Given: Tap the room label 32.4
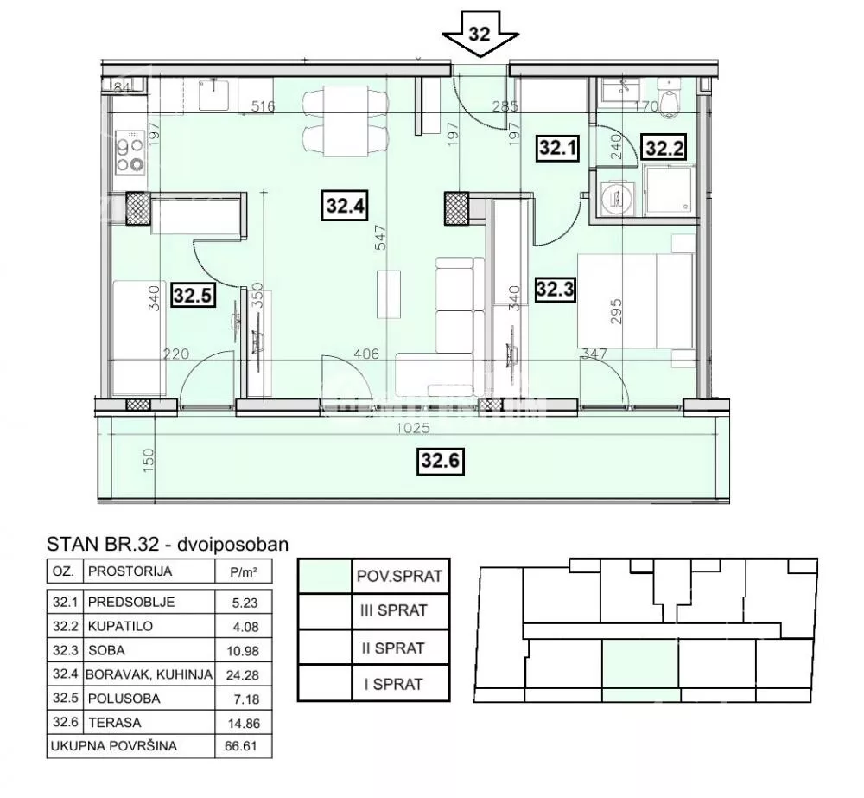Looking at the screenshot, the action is click(x=345, y=207).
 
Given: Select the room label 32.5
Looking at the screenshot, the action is click(x=193, y=296).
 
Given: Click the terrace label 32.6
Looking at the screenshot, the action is click(x=439, y=460).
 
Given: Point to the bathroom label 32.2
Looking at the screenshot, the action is click(x=664, y=148).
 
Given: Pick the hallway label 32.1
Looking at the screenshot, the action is click(x=557, y=147).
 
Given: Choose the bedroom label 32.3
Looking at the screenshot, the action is click(x=556, y=289).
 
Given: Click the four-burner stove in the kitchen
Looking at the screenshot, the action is click(x=130, y=151).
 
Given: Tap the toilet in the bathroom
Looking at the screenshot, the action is click(x=670, y=99).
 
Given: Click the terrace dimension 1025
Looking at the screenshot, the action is click(x=413, y=427).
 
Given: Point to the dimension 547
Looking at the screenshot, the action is click(x=381, y=239).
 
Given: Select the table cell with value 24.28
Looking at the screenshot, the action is click(x=243, y=675).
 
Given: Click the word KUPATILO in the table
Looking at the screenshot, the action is click(x=120, y=627).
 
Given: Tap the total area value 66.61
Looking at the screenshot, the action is click(x=241, y=746).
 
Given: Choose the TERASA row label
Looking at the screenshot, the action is click(x=115, y=723).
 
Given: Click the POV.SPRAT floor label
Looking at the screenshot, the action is click(x=399, y=577).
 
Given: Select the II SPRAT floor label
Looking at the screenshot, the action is click(x=393, y=648).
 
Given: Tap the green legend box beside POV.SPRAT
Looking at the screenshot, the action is click(x=325, y=577).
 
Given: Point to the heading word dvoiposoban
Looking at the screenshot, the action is click(x=233, y=545).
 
